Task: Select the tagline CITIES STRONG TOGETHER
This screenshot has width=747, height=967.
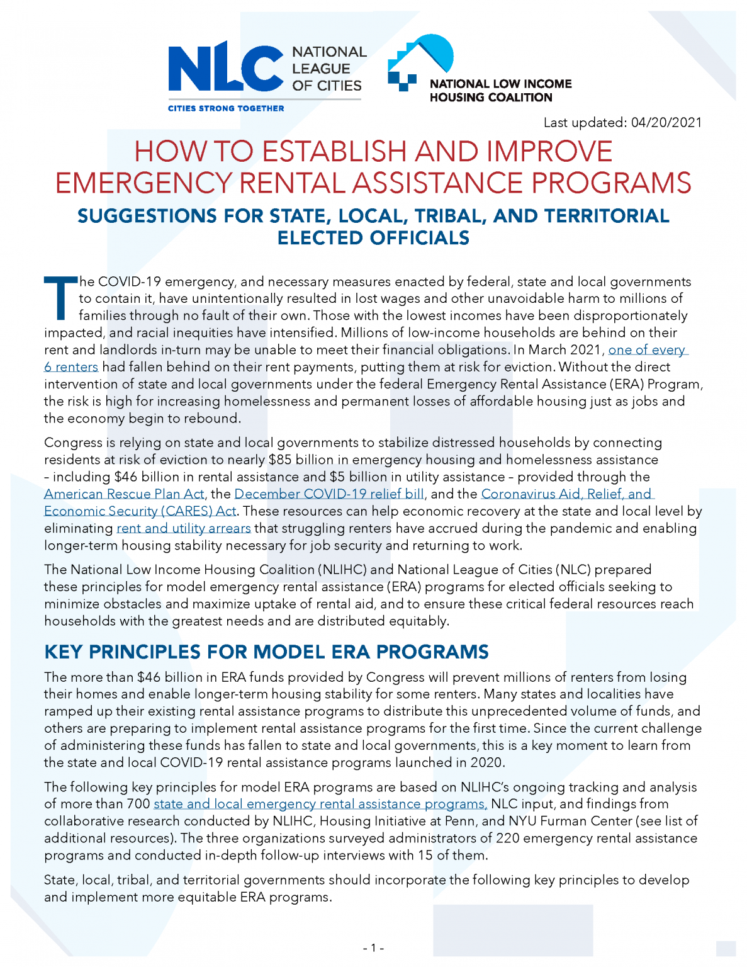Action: pos(225,108)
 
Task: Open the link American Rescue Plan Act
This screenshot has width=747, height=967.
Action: pos(124,494)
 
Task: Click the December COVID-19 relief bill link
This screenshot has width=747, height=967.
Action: pos(329,494)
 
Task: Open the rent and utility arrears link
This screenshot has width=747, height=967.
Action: pos(184,528)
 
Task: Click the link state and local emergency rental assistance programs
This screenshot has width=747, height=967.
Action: pos(320,804)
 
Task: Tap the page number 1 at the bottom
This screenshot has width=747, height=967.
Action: pos(373,948)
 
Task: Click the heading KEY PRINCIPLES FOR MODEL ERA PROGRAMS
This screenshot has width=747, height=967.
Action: pos(266,652)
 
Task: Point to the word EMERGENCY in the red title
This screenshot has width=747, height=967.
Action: pos(143,183)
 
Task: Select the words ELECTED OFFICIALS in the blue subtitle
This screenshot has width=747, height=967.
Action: pos(373,238)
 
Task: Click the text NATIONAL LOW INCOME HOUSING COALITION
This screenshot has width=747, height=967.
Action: pos(500,91)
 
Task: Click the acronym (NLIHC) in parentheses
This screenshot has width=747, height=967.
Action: pos(342,570)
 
